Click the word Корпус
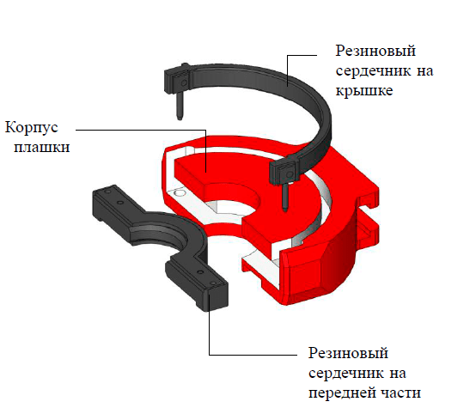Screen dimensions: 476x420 [31, 127]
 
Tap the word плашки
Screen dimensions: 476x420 [42, 147]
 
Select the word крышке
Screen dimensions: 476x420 [364, 90]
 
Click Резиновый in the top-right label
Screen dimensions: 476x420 [375, 51]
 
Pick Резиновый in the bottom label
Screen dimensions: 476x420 [348, 353]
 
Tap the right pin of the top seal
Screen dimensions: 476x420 [285, 198]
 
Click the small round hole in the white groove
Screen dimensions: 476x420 [180, 193]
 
